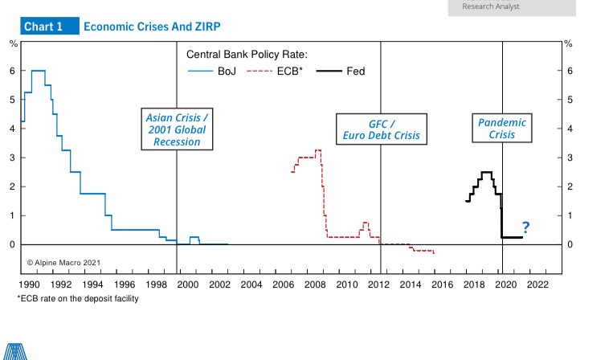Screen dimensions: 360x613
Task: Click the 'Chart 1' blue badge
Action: pos(43,27)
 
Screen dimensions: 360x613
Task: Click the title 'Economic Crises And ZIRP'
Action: pos(152,27)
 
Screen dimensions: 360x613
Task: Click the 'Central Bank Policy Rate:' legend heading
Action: pos(247,55)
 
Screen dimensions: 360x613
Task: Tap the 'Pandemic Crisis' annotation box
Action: pos(502,129)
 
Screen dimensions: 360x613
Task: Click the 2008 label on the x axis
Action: pos(314,284)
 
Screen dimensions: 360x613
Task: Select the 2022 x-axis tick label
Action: pos(537,284)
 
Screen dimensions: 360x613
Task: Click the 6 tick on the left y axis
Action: pos(12,71)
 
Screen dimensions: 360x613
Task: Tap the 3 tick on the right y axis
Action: pos(570,157)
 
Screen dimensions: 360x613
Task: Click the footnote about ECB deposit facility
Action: pos(77,299)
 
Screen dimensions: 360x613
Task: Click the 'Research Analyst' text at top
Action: pos(491,6)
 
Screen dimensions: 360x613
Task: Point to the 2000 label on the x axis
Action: pos(186,284)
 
